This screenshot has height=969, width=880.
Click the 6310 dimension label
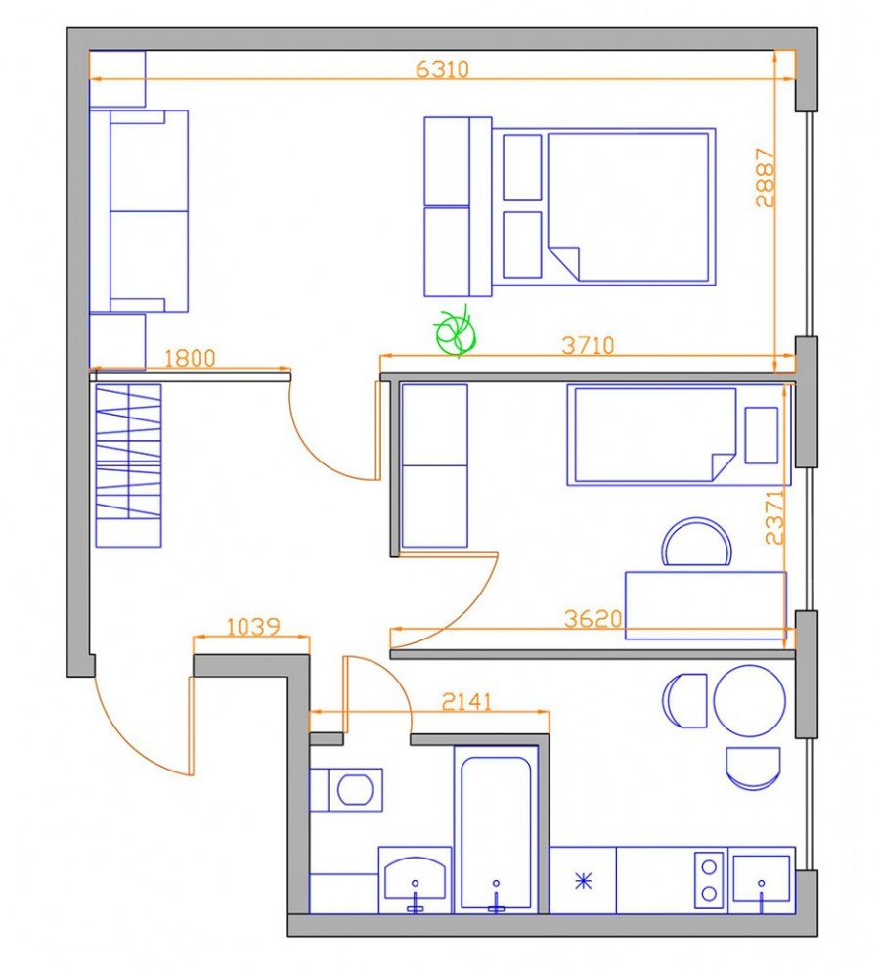443,68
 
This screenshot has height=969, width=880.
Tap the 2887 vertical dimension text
765,177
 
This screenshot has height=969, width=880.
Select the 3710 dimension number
589,345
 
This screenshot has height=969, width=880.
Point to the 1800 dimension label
190,358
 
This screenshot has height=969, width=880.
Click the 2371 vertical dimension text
774,517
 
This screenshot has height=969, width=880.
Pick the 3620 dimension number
593,619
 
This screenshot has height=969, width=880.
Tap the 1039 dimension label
253,627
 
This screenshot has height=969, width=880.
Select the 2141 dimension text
467,701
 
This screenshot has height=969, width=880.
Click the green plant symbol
456,331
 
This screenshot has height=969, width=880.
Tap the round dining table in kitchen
750,700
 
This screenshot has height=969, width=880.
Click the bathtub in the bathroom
496,829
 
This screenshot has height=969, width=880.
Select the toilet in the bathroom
346,790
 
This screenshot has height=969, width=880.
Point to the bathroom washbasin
415,877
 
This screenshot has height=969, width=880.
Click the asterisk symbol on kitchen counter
584,881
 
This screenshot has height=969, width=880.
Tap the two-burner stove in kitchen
709,880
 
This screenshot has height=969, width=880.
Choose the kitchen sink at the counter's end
762,879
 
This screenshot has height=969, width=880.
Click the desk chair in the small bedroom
696,542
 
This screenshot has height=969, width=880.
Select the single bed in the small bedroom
678,434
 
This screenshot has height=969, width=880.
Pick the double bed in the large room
603,206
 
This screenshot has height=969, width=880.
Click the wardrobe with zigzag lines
128,466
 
